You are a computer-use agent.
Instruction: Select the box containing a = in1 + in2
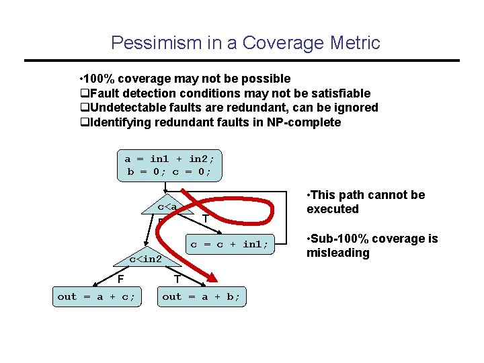(169, 165)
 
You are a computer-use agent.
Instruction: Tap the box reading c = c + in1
(229, 245)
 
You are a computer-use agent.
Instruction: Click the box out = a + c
(97, 296)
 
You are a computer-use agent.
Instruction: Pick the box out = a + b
(202, 296)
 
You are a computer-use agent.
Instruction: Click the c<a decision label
(167, 207)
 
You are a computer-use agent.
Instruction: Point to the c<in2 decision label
(145, 259)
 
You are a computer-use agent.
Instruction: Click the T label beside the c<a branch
(204, 219)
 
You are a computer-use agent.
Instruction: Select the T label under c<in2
(176, 279)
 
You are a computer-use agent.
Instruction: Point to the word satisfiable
(340, 93)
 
